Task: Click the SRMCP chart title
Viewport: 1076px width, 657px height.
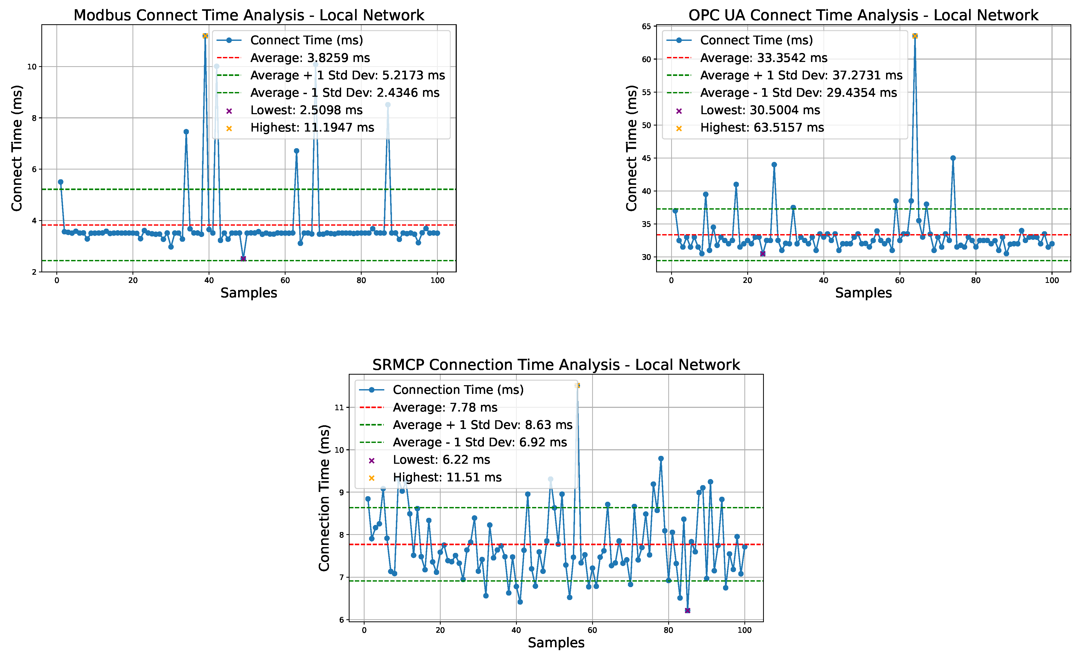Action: [x=556, y=365]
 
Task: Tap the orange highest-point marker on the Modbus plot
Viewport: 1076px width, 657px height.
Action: [x=205, y=36]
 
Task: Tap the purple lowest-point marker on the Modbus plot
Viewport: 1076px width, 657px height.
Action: [x=243, y=259]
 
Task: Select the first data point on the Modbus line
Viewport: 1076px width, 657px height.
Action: [x=61, y=182]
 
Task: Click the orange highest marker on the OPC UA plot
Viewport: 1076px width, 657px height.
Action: [x=915, y=36]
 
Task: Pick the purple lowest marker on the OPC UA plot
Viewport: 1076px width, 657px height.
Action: [x=763, y=254]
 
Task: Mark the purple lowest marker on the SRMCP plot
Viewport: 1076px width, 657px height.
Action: [x=687, y=611]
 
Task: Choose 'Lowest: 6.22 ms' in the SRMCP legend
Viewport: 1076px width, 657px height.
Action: [x=441, y=460]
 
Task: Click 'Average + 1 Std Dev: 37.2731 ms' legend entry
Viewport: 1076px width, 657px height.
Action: [x=801, y=75]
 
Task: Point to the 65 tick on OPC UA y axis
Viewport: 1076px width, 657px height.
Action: [x=646, y=27]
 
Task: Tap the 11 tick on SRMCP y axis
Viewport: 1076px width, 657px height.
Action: [x=339, y=407]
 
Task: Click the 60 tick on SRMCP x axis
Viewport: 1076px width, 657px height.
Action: [x=592, y=630]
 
